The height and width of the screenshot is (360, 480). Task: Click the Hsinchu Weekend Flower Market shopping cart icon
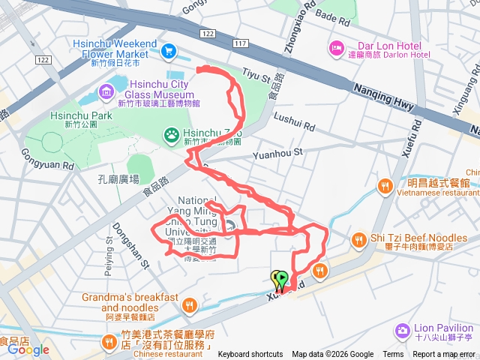169,51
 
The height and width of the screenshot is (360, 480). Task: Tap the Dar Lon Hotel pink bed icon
335,49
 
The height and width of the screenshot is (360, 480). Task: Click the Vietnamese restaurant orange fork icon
385,184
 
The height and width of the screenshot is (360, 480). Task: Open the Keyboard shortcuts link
250,355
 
